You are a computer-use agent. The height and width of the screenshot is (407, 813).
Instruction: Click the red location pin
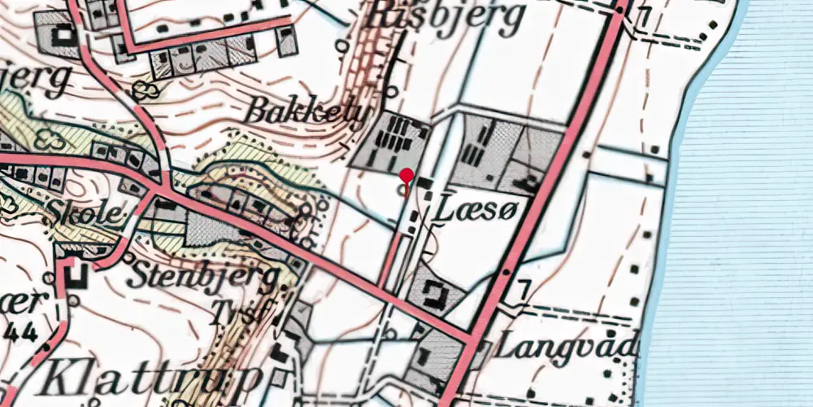click(406, 176)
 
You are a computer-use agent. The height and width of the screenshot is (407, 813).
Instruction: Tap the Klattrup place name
click(151, 376)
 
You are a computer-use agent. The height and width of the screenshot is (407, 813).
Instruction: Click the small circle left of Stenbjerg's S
click(128, 260)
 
